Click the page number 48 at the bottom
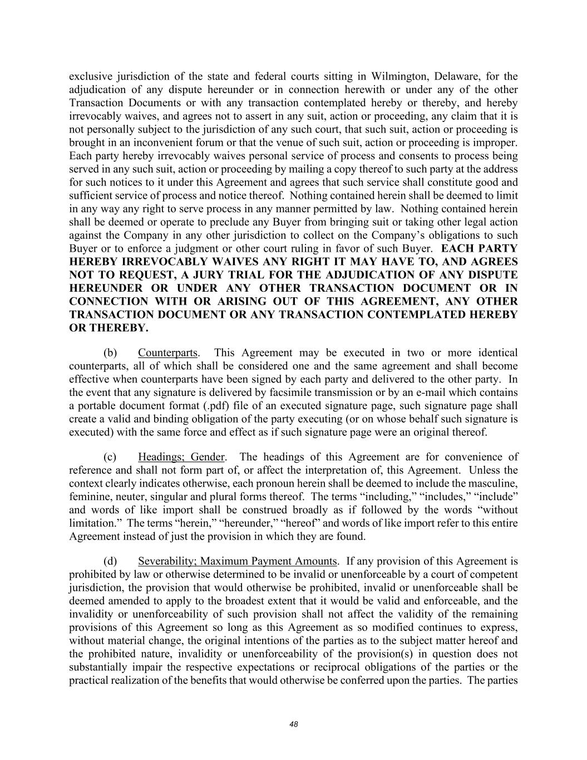(x=294, y=724)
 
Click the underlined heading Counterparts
(x=167, y=353)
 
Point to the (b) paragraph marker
(x=110, y=353)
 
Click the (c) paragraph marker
(x=110, y=457)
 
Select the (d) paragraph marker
(x=110, y=561)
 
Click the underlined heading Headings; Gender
(x=181, y=457)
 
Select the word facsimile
(x=284, y=393)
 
